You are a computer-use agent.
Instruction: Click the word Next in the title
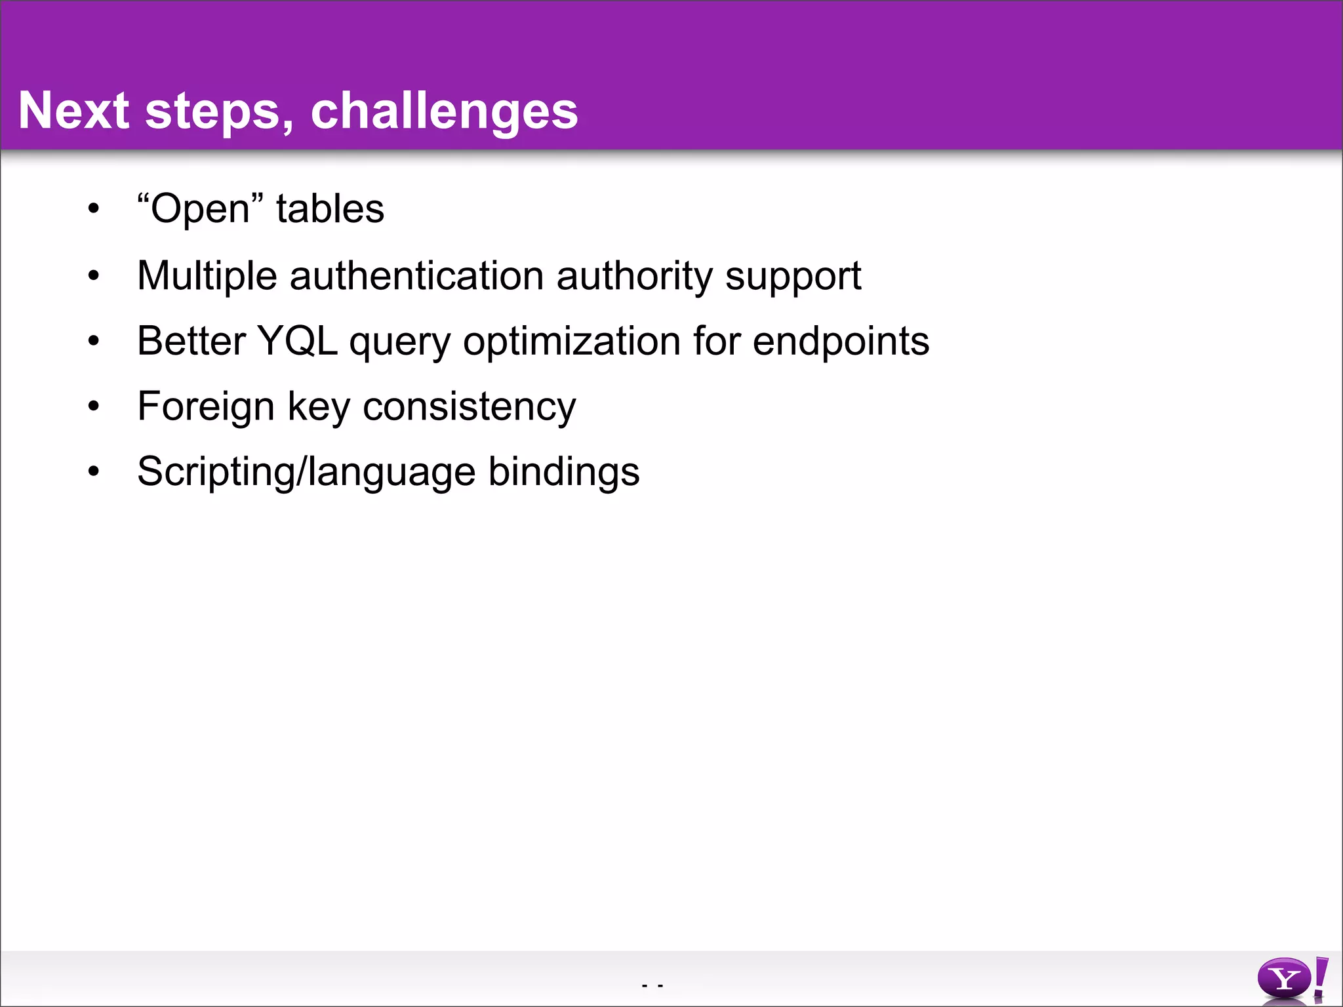click(x=73, y=110)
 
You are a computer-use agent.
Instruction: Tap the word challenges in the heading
click(x=444, y=111)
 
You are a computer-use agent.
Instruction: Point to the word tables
click(x=330, y=209)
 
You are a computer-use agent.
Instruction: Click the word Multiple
click(x=207, y=275)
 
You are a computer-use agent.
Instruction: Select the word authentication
click(x=416, y=275)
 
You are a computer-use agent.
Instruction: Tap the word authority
click(x=633, y=275)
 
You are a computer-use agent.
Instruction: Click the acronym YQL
click(x=297, y=341)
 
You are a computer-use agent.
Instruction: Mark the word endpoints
click(x=841, y=341)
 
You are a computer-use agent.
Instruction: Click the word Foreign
click(x=206, y=406)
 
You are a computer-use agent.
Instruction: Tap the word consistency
click(x=469, y=406)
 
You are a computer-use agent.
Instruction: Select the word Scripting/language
click(x=306, y=472)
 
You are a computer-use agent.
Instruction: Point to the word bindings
click(x=564, y=472)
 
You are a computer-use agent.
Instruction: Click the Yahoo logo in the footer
click(x=1292, y=979)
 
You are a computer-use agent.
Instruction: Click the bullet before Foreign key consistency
click(x=94, y=407)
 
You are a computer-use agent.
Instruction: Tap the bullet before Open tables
click(x=94, y=209)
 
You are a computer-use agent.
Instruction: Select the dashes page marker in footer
click(x=652, y=985)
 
